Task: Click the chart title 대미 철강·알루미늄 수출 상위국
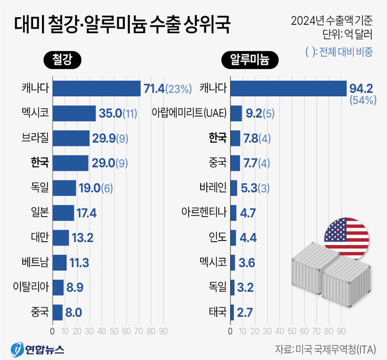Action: click(120, 25)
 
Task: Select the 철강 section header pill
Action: click(61, 59)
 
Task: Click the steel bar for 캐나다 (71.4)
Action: click(96, 88)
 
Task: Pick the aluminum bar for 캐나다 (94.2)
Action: click(287, 88)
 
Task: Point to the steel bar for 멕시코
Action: click(74, 113)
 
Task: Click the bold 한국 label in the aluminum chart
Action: click(217, 138)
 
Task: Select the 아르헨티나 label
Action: click(204, 212)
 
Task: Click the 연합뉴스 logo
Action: click(37, 349)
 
